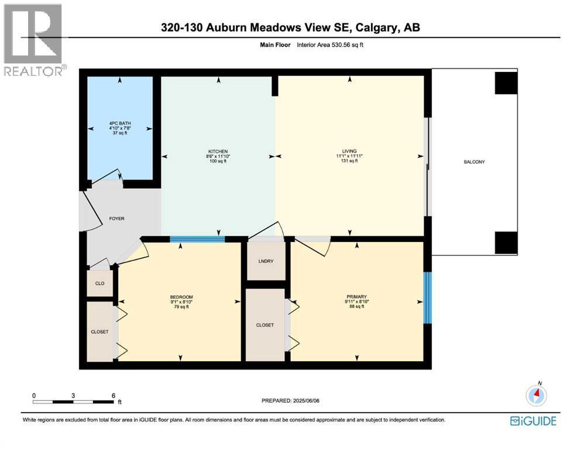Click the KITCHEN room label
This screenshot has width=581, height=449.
[218, 151]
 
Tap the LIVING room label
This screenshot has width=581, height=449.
[349, 151]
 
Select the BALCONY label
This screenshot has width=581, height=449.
[475, 162]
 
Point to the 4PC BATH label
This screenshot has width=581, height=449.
[120, 123]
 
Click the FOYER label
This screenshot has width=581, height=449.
[116, 219]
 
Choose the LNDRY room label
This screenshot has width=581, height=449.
[266, 261]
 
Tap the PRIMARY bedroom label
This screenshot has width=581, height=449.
[356, 296]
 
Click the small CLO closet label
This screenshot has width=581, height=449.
[99, 283]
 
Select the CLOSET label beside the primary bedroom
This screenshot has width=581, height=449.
[265, 325]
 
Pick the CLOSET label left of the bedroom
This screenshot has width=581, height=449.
[99, 331]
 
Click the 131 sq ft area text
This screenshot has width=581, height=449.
[349, 161]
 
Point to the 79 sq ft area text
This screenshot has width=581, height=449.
[181, 306]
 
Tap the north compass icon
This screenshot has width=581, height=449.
[536, 395]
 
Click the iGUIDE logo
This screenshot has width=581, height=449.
[533, 421]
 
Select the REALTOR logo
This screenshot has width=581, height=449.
[35, 40]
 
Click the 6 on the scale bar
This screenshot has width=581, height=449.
[114, 395]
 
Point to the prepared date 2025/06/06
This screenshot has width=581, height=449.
[306, 400]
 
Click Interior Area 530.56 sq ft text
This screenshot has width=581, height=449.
[330, 45]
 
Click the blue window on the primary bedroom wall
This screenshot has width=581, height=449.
[428, 298]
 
